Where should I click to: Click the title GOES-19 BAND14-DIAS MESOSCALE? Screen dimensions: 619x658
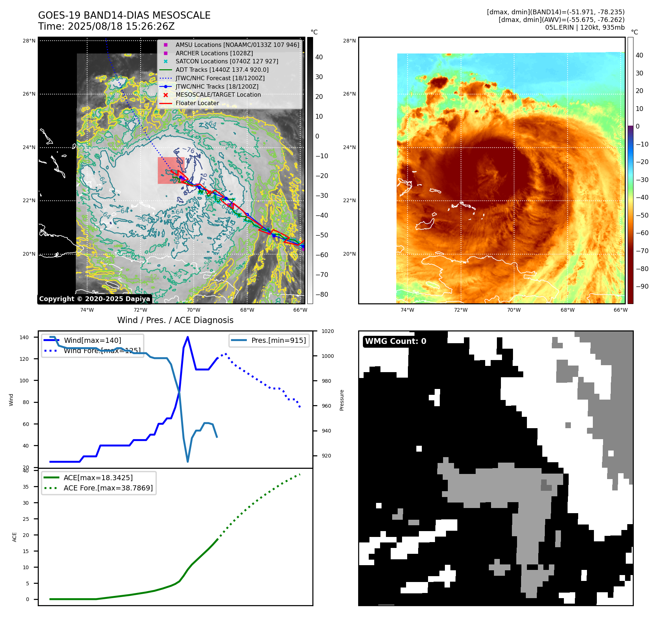[124, 15]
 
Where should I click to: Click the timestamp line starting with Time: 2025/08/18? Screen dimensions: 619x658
[106, 26]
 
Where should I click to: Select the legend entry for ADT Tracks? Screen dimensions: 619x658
[222, 70]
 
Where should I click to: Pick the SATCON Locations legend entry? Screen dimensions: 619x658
[227, 61]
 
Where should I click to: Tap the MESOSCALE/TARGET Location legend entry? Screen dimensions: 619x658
[218, 94]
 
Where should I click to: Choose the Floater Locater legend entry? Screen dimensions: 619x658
[197, 103]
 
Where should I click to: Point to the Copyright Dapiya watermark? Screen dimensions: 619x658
[94, 299]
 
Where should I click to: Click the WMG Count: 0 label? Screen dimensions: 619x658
[395, 341]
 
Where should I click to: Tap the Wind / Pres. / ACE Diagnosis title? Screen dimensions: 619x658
[175, 320]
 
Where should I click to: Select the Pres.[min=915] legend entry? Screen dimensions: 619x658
[278, 340]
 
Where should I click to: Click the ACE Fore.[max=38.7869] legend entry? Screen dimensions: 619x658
[108, 488]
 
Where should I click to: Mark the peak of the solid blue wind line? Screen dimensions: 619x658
[187, 337]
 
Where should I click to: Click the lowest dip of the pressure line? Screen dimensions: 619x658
[188, 462]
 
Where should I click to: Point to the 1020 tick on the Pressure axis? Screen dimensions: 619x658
[327, 331]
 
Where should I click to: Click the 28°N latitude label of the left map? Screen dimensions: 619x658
[29, 41]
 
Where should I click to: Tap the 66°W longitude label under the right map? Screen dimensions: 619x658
[620, 310]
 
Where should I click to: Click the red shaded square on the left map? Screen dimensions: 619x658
[171, 170]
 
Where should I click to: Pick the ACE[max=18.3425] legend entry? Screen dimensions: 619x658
[98, 478]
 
